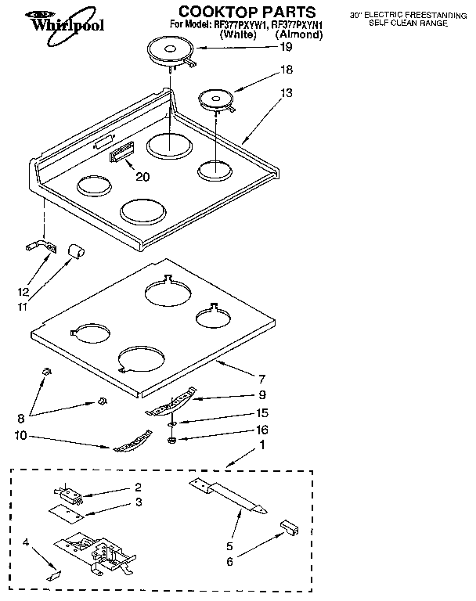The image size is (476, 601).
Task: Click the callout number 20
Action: [142, 177]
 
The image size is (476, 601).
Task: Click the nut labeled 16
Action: [171, 440]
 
